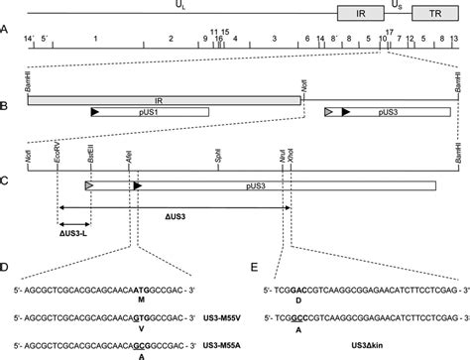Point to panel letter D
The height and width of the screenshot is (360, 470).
pos(6,268)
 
